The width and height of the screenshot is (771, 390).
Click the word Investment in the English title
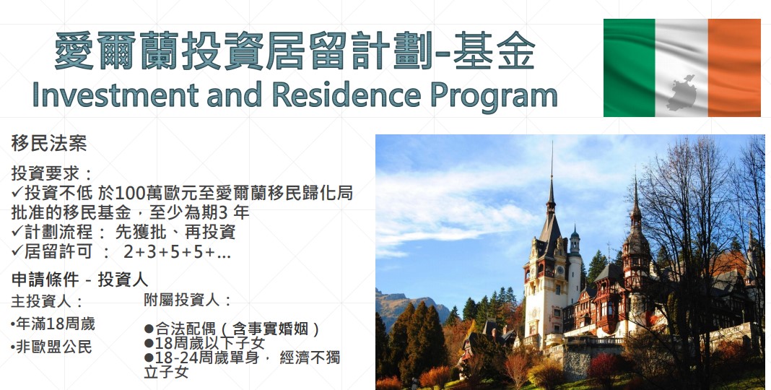tap(116, 95)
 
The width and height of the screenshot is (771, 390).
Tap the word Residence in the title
tap(347, 95)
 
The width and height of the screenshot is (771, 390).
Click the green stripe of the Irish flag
tap(629, 67)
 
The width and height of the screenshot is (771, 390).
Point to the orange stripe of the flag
tap(734, 67)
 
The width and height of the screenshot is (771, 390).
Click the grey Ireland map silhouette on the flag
tap(681, 93)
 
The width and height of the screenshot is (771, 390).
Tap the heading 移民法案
tap(48, 144)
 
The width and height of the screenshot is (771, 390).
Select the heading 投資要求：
tap(52, 173)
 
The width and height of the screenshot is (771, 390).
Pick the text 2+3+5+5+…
tap(177, 252)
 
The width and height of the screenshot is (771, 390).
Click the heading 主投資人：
tap(47, 301)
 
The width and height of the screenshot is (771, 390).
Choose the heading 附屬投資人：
tap(188, 300)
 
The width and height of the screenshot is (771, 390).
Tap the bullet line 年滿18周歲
tap(53, 324)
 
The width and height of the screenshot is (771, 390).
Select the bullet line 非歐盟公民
tap(51, 347)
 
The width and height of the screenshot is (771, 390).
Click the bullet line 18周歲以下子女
tap(204, 343)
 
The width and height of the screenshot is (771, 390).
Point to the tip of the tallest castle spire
tap(552, 142)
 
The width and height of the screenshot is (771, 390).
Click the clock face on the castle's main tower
tap(559, 270)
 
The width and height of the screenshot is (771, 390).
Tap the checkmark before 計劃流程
tap(17, 232)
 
